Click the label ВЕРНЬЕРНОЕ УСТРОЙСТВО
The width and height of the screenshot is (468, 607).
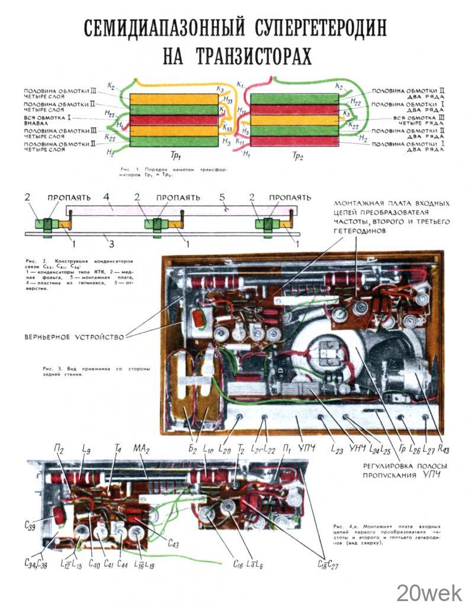[x=74, y=337]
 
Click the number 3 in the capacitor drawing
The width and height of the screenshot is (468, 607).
[x=107, y=242]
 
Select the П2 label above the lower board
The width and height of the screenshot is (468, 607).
[x=59, y=449]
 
